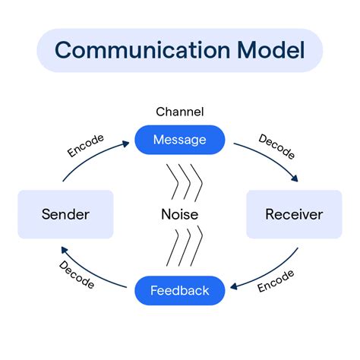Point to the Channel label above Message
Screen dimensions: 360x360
point(180,112)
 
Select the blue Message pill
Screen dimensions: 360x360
point(180,139)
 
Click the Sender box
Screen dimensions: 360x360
point(65,214)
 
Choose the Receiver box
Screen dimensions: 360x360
point(294,214)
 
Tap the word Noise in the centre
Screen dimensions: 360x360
point(180,214)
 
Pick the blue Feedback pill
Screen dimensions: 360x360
point(180,290)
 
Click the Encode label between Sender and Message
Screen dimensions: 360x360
point(86,146)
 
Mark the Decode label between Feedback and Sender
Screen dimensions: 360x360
point(77,274)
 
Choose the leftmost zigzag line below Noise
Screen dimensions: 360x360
point(172,248)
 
